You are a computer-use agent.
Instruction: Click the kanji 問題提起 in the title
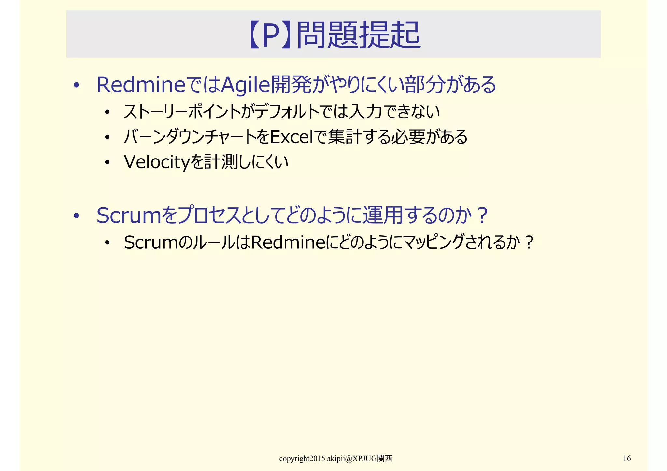[358, 35]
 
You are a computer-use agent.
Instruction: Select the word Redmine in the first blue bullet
[141, 85]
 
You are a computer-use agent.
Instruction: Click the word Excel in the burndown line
[291, 137]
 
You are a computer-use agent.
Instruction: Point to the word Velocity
[156, 162]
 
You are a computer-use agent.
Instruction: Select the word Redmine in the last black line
[289, 242]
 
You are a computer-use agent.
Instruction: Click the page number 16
[627, 458]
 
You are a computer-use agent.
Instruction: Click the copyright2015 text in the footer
[302, 459]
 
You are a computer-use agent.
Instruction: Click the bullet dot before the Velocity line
[107, 162]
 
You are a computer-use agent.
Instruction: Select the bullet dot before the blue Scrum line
[77, 216]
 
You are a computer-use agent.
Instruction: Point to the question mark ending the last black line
[529, 243]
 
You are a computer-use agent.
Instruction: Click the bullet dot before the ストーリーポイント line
[107, 112]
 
